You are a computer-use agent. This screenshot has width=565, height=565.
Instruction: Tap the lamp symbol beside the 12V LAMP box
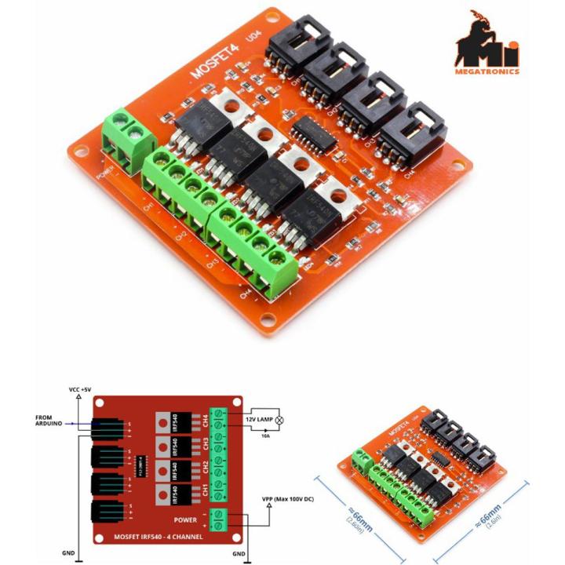click(x=278, y=420)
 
